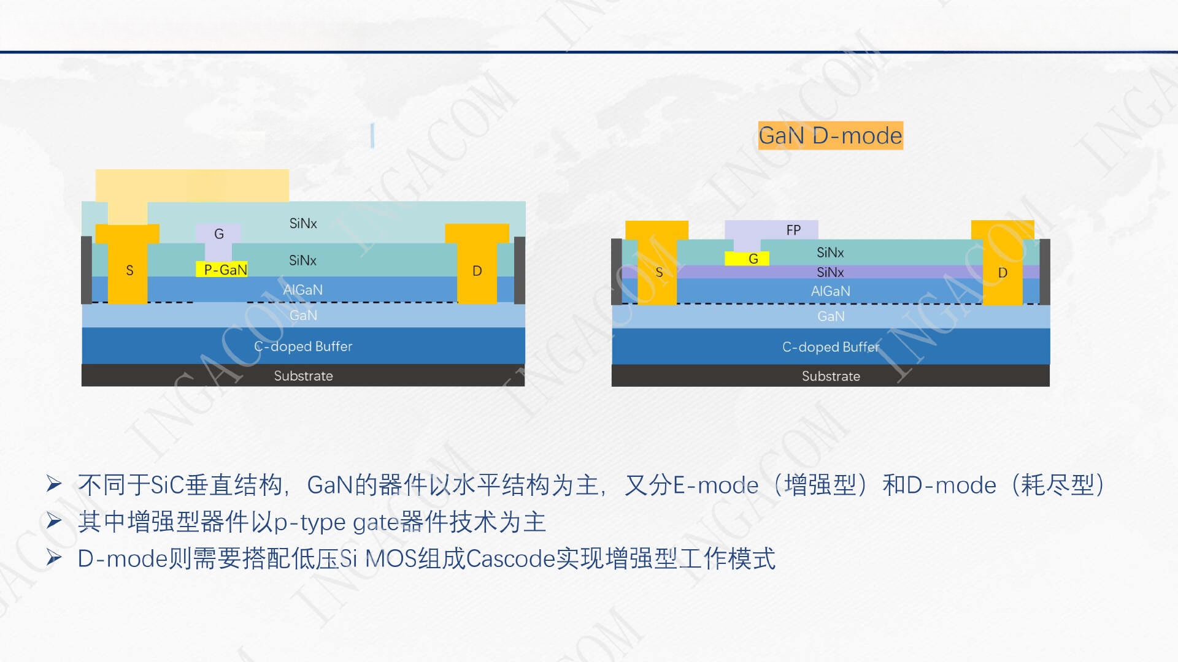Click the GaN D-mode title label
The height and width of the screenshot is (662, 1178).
coord(830,135)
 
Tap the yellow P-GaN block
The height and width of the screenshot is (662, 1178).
coord(222,269)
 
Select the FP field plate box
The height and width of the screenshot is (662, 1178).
coord(772,230)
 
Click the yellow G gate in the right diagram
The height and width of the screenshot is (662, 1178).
coord(747,259)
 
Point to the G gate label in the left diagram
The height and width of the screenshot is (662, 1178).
coord(219,234)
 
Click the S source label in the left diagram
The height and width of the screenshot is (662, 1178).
coord(129,270)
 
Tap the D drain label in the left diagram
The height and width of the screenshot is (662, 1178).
coord(477,271)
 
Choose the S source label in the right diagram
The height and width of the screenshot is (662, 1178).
coord(659,272)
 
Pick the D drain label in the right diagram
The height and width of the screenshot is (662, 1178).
coord(1003,273)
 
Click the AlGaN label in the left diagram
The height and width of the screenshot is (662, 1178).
coord(303,290)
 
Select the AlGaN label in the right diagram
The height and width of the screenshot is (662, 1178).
coord(831,291)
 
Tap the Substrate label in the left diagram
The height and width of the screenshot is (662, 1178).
coord(303,376)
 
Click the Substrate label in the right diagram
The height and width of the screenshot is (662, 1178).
coord(831,376)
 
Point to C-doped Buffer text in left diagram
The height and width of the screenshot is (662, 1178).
coord(303,346)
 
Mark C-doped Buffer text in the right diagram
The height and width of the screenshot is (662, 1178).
coord(831,347)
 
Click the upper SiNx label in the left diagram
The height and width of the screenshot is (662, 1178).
coord(303,224)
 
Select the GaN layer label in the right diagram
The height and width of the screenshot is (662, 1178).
coord(831,316)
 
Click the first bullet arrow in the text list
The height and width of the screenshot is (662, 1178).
coord(54,484)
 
